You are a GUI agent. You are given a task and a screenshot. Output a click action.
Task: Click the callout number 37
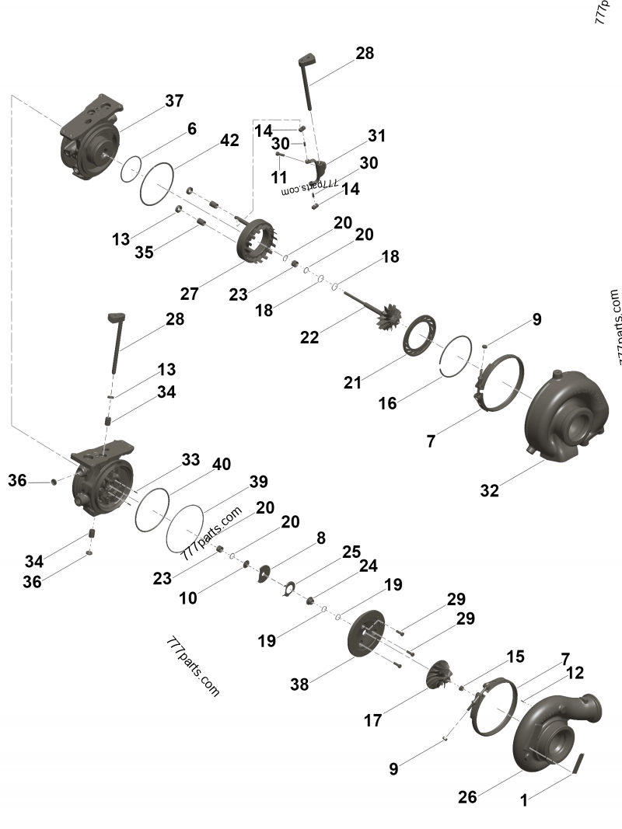tap(174, 101)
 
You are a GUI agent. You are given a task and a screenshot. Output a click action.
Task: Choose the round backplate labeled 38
tap(365, 633)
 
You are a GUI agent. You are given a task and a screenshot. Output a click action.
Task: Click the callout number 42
tap(229, 141)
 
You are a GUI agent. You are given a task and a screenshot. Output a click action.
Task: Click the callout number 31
tap(376, 136)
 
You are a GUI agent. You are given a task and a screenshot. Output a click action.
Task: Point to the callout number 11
tap(278, 178)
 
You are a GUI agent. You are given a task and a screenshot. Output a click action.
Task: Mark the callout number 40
tap(221, 465)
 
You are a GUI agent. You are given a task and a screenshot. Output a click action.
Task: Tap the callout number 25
tap(351, 552)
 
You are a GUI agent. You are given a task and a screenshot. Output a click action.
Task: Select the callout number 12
tap(575, 673)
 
